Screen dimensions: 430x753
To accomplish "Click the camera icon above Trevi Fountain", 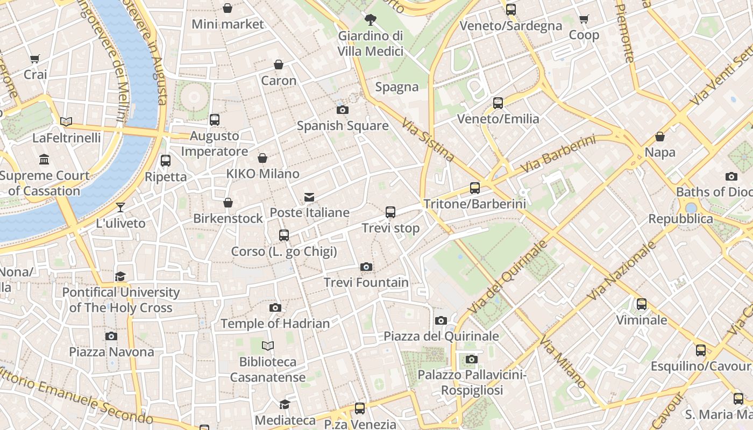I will (366, 267).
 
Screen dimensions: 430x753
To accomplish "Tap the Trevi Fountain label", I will (366, 282).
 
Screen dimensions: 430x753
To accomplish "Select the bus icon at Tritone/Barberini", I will (474, 188).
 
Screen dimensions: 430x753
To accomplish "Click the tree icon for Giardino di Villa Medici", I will (370, 20).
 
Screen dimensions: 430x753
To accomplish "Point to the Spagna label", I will (397, 87).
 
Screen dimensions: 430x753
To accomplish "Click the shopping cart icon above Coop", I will (584, 19).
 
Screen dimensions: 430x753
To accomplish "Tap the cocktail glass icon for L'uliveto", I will (120, 207).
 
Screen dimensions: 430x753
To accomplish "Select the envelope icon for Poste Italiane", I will (309, 197).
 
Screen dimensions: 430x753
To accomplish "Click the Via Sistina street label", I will (428, 140).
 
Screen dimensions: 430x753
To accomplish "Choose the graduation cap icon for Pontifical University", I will (120, 276).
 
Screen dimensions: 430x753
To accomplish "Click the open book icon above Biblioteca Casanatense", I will (267, 346).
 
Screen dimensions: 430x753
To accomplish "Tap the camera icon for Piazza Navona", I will (111, 336).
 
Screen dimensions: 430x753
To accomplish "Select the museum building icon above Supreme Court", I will (44, 159).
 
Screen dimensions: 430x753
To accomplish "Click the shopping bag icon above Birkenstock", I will (228, 203).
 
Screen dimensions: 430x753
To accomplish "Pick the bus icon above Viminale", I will (641, 304).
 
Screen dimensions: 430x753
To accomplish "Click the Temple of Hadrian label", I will (275, 324).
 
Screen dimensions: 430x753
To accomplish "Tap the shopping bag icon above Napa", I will (659, 137).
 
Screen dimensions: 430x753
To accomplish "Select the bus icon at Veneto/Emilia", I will (498, 103).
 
